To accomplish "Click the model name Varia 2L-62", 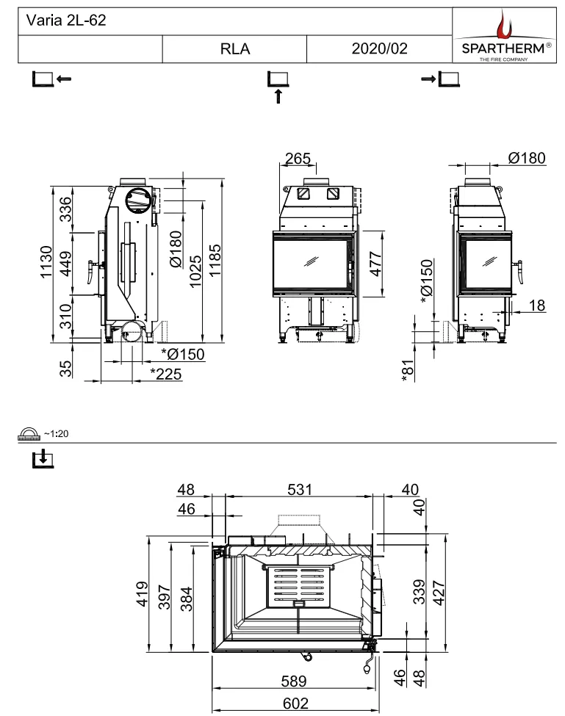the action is point(66,20).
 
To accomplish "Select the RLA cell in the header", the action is point(235,49).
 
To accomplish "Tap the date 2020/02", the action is point(380,48).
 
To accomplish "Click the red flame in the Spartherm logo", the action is point(504,25).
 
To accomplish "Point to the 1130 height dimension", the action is point(46,261).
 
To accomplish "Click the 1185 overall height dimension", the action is point(215,260).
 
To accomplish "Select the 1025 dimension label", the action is point(195,271).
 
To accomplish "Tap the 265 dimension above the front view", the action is point(298,159).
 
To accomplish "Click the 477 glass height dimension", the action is point(375,264).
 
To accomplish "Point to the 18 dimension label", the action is point(537,305).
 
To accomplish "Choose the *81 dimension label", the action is point(408,370).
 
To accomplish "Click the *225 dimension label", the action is point(166,374).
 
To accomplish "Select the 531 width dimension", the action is point(300,490).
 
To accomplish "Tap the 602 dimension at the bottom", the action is point(295,704).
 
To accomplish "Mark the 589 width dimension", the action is point(294,681).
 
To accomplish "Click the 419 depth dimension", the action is point(142,593).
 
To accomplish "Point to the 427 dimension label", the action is point(439,593).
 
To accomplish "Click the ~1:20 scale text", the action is point(56,434).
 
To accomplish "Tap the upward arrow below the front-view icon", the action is point(278,96).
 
